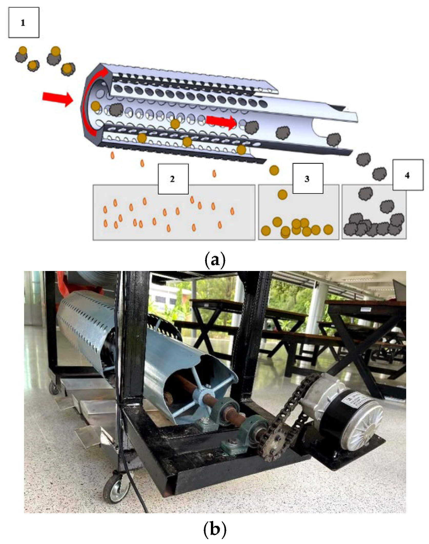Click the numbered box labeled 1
24,23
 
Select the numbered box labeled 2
173,179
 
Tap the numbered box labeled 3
308,178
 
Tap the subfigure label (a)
215,260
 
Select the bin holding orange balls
298,218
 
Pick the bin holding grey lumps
374,218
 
